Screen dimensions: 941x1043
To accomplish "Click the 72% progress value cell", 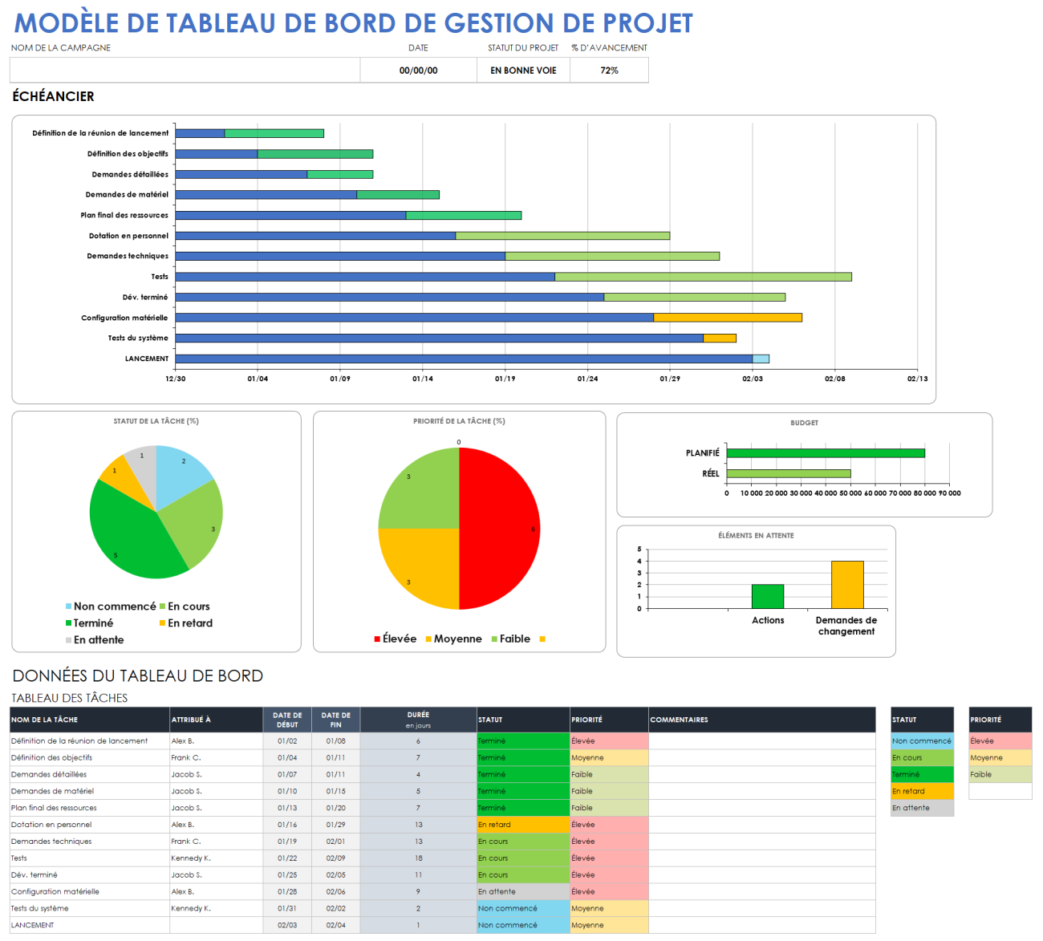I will click(x=609, y=71).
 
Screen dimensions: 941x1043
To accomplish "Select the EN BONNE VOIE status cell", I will click(x=523, y=71).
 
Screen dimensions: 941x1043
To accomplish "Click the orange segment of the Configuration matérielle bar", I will click(x=728, y=318).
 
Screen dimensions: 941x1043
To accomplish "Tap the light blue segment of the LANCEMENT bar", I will click(x=761, y=359).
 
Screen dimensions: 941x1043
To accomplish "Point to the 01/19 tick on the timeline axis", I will click(x=505, y=379).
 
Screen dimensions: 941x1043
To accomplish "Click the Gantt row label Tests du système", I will click(x=138, y=338).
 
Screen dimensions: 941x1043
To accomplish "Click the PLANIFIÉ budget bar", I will click(x=825, y=453).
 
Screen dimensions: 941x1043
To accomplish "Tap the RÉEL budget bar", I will click(x=788, y=473).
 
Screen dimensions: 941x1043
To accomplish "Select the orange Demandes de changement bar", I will click(x=847, y=585).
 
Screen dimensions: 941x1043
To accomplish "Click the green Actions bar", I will click(x=767, y=596).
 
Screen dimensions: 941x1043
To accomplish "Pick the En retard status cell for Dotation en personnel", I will click(x=522, y=825).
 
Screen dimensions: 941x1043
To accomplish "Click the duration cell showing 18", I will click(x=418, y=858).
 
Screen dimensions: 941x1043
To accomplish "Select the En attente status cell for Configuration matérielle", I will click(x=522, y=891).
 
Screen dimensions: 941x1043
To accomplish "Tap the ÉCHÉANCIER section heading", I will click(x=53, y=96).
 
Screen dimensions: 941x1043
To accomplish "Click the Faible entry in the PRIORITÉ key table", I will click(x=1000, y=775).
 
